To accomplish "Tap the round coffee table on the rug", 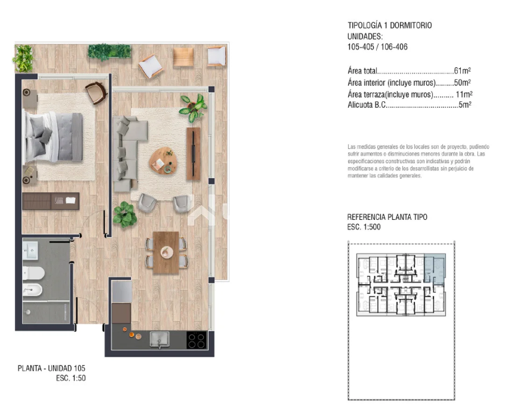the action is (163, 161).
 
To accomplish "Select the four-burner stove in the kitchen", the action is (196, 340).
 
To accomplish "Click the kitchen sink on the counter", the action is (159, 339).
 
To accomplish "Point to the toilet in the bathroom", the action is (33, 273).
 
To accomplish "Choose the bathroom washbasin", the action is (30, 251).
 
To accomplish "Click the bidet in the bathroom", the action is (32, 290).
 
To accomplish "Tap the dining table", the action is (166, 253).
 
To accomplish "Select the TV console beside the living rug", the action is (193, 154).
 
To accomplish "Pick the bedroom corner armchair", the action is (96, 92).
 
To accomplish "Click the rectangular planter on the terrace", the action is (109, 52).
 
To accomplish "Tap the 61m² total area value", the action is (462, 70).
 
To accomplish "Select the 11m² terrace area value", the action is (464, 94).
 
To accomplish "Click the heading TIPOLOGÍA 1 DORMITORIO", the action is (390, 26).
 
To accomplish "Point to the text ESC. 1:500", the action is (364, 227).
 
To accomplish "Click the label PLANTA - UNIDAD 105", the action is (51, 368).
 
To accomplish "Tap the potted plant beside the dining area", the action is (125, 214).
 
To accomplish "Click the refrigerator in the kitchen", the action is (121, 292).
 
